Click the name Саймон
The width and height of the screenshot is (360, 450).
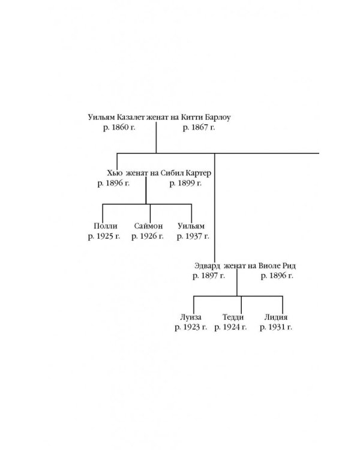pos(148,226)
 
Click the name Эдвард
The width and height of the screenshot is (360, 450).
pos(208,265)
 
